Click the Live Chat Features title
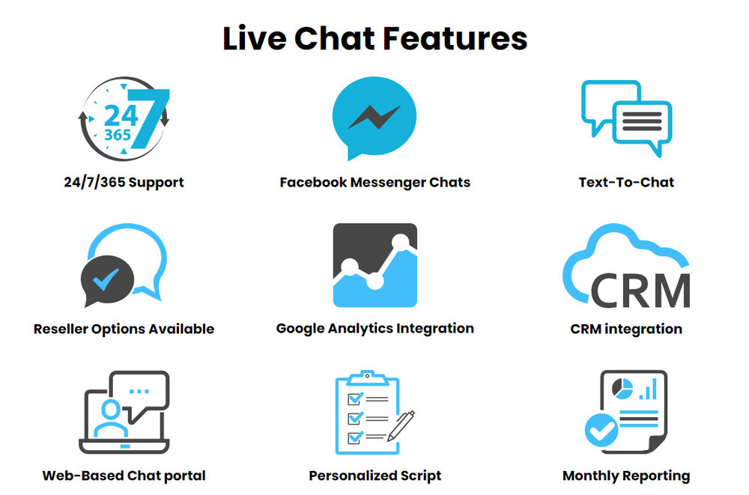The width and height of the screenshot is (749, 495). pyautogui.click(x=374, y=38)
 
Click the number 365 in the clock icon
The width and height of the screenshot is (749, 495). pyautogui.click(x=118, y=136)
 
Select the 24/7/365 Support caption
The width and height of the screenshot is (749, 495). pyautogui.click(x=124, y=182)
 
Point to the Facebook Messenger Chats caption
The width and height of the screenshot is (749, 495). pyautogui.click(x=374, y=182)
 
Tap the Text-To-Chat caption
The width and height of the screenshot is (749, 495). pyautogui.click(x=626, y=182)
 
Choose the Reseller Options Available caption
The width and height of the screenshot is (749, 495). pyautogui.click(x=124, y=329)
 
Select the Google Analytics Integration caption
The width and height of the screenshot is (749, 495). pyautogui.click(x=374, y=328)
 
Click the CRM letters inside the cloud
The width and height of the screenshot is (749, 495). pyautogui.click(x=640, y=289)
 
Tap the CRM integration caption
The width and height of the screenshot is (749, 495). pyautogui.click(x=626, y=329)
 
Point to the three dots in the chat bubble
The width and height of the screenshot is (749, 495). pyautogui.click(x=139, y=391)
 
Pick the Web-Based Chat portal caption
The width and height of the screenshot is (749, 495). pyautogui.click(x=124, y=476)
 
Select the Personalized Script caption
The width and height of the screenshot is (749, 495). pyautogui.click(x=374, y=476)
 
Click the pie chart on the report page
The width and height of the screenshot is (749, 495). pyautogui.click(x=622, y=387)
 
